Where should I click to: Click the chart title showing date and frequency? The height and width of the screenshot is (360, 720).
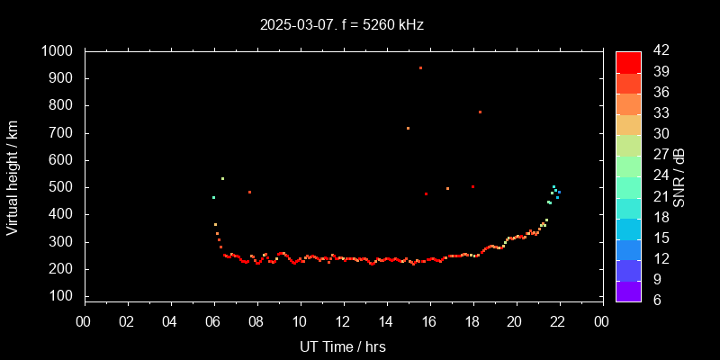pos(341,24)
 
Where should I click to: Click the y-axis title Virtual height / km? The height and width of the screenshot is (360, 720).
pos(13,175)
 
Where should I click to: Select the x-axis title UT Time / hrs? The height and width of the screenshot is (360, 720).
pos(343,346)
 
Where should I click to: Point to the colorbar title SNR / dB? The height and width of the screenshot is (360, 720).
pos(679,175)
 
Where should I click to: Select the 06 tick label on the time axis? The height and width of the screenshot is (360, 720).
pos(214,321)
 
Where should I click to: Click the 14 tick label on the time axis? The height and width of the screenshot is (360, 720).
pos(386,321)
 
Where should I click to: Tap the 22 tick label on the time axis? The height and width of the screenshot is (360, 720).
pos(559,321)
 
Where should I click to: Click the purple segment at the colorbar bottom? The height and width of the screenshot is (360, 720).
pos(628,291)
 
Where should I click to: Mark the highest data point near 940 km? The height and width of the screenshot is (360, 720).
pos(420,67)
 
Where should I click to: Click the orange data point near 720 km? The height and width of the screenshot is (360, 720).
pos(408,128)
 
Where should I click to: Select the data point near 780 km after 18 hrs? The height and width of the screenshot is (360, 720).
pos(480,112)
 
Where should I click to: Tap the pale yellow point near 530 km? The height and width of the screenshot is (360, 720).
pos(222,178)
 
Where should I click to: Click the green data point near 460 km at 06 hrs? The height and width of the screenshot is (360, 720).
pos(213,197)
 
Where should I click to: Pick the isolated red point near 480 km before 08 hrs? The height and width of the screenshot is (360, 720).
pos(249,192)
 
